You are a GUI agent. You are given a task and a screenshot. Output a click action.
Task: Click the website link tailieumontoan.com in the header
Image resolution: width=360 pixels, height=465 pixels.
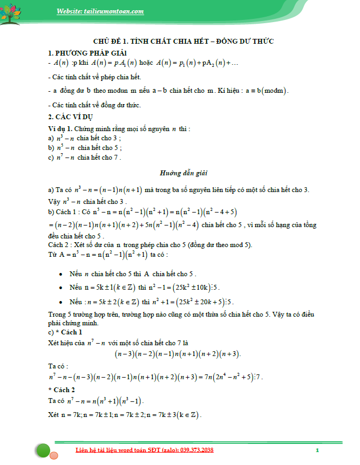(100, 11)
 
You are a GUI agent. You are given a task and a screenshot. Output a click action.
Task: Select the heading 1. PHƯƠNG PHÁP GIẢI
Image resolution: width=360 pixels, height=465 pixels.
(87, 52)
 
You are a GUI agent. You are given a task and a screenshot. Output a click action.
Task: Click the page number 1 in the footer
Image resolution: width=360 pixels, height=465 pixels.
(317, 450)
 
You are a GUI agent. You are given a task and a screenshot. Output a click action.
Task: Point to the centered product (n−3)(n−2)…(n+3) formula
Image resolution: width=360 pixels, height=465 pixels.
(178, 354)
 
